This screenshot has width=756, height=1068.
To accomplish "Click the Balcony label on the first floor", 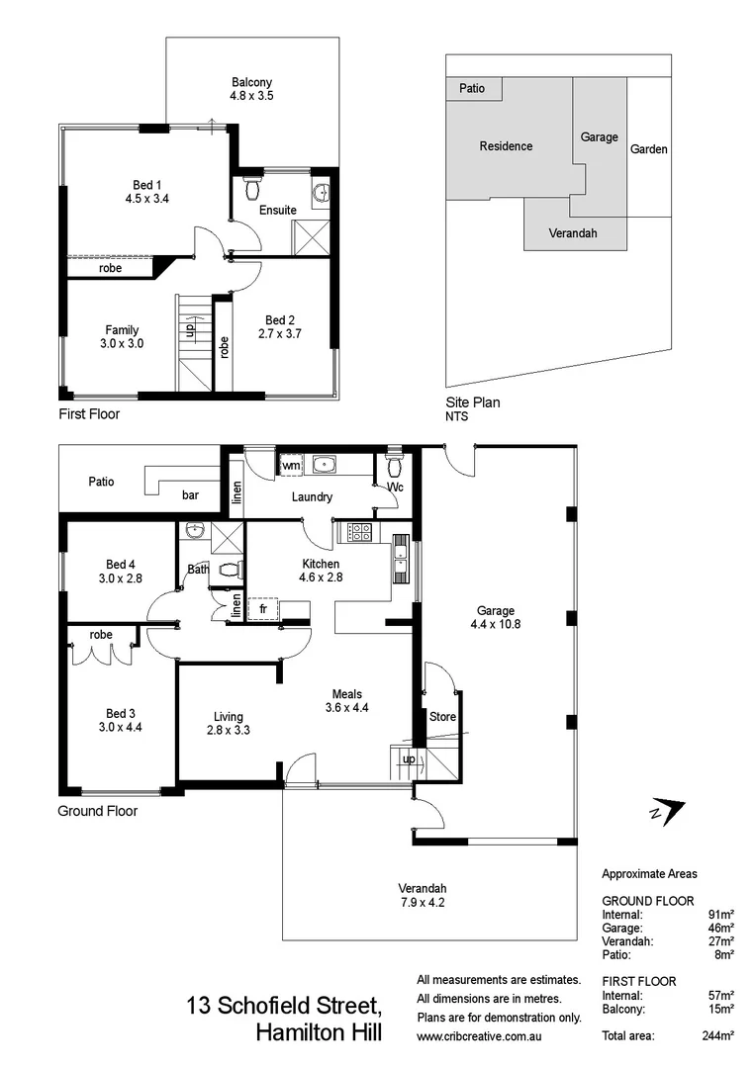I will click(251, 82).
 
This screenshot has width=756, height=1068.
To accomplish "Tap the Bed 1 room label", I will click(143, 185).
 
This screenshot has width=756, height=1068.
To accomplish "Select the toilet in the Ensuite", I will click(253, 186).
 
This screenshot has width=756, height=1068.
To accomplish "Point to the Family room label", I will click(123, 330).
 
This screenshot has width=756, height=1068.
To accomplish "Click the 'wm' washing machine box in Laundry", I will click(291, 465).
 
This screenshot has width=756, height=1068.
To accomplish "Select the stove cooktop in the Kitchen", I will click(360, 532).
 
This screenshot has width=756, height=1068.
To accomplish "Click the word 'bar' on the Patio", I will click(189, 494).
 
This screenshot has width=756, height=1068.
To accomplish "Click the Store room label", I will click(442, 717).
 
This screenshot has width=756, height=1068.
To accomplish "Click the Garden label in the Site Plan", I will click(649, 149).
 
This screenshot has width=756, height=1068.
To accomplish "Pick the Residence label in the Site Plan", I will click(506, 146).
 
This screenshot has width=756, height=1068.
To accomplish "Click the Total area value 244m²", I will click(716, 1035).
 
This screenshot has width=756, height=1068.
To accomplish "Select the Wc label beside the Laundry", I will click(395, 488).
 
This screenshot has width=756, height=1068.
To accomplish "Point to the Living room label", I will click(229, 717).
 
